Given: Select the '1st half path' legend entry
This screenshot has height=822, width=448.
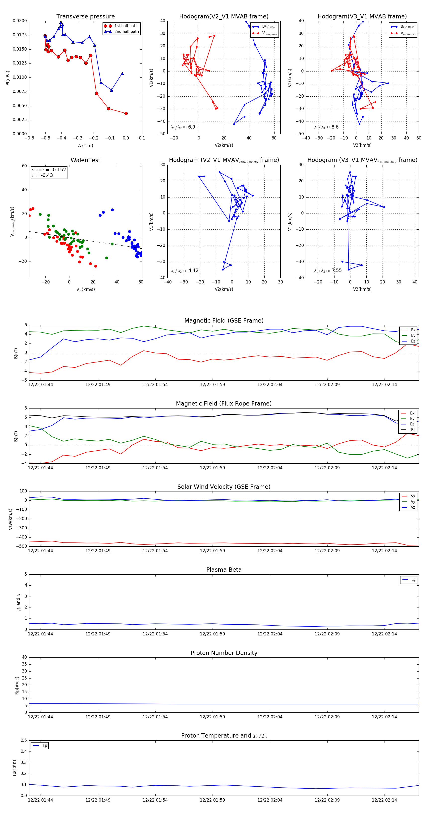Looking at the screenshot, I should [126, 26].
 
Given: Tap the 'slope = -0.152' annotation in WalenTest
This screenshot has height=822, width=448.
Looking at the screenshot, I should [49, 170].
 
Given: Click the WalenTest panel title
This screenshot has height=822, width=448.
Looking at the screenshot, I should [85, 160].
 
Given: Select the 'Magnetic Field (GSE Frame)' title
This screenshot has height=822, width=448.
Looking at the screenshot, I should [224, 321].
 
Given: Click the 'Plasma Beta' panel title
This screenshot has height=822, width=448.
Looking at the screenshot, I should [224, 570].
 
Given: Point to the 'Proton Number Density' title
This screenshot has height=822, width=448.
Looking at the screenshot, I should [224, 653].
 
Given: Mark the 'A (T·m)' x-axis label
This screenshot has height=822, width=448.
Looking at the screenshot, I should [85, 145].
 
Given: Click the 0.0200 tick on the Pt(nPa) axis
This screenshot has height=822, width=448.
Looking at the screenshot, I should [20, 21].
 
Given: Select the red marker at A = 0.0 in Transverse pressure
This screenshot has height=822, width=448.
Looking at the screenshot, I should [126, 113].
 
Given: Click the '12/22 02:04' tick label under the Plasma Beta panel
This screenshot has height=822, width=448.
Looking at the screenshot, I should [270, 634].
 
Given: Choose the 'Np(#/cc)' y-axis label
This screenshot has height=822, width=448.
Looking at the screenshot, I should [17, 685].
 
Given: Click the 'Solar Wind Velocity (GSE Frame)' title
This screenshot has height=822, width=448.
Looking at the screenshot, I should [224, 487].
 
